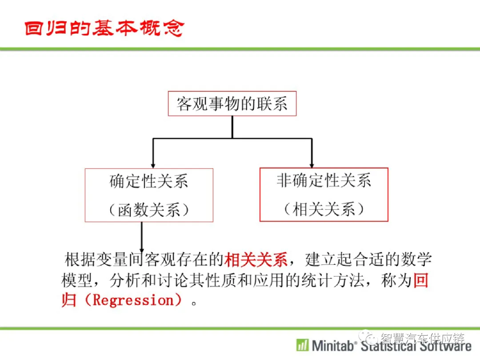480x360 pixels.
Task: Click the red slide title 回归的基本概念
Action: (x=104, y=28)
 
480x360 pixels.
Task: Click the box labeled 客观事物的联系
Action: (x=232, y=104)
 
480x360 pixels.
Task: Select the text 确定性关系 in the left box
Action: (x=149, y=181)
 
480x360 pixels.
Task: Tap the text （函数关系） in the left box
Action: (x=149, y=210)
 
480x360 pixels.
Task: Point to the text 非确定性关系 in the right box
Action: (x=324, y=180)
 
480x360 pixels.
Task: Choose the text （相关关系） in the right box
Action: (x=324, y=209)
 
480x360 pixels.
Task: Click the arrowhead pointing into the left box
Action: (x=153, y=166)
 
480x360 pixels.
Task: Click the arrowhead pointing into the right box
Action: (x=312, y=165)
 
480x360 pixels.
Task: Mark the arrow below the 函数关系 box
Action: (x=142, y=237)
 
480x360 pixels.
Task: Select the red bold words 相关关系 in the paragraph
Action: (x=256, y=260)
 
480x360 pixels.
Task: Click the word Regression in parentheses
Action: (x=133, y=300)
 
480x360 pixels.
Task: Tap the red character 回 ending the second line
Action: (x=421, y=280)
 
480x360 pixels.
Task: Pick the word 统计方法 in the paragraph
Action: (x=333, y=280)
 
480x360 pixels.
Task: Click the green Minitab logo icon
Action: (x=303, y=345)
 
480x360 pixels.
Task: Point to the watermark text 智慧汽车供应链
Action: (x=423, y=338)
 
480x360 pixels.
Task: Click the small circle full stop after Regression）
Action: (x=194, y=304)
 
